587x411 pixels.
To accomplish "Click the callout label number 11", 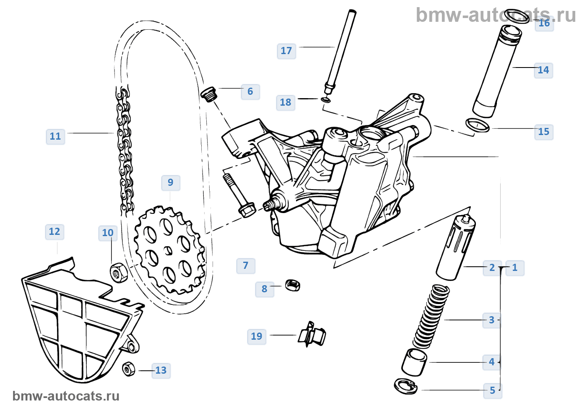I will pos(55,136).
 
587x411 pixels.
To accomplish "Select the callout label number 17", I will pos(286,51).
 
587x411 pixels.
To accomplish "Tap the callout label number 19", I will pos(257,336).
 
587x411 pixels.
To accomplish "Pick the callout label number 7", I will pos(246,265).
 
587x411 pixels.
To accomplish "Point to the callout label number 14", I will pos(543,70).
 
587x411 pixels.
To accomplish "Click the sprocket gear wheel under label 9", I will pos(169,250).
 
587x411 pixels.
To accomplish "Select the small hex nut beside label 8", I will pos(292,286).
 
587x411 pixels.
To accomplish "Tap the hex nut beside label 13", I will pos(129,369).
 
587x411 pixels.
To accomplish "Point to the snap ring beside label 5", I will pos(405,386).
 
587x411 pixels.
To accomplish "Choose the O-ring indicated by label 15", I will pos(478,125).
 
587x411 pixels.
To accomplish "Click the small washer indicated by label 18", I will pos(325,100).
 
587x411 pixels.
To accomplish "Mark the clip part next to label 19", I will pos(312,334).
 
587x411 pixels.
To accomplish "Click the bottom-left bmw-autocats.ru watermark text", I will pos(66,396).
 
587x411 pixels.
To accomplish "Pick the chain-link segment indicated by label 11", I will pos(125,151).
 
